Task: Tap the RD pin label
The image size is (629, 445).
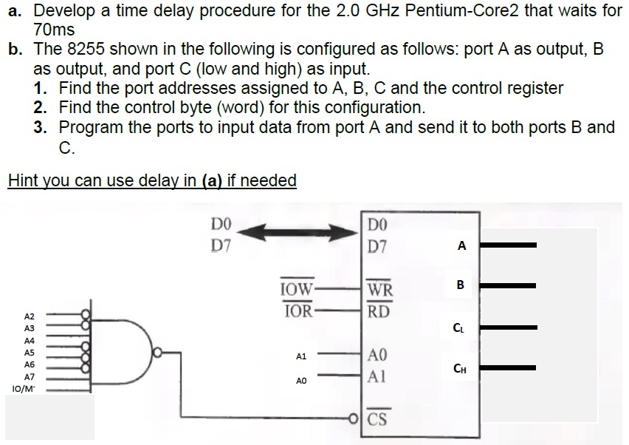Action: click(x=379, y=310)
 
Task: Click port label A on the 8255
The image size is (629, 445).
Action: click(x=461, y=247)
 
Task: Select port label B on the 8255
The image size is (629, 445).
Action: click(x=461, y=285)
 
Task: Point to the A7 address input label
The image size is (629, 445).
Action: click(x=30, y=376)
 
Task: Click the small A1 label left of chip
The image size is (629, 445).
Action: click(x=300, y=356)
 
